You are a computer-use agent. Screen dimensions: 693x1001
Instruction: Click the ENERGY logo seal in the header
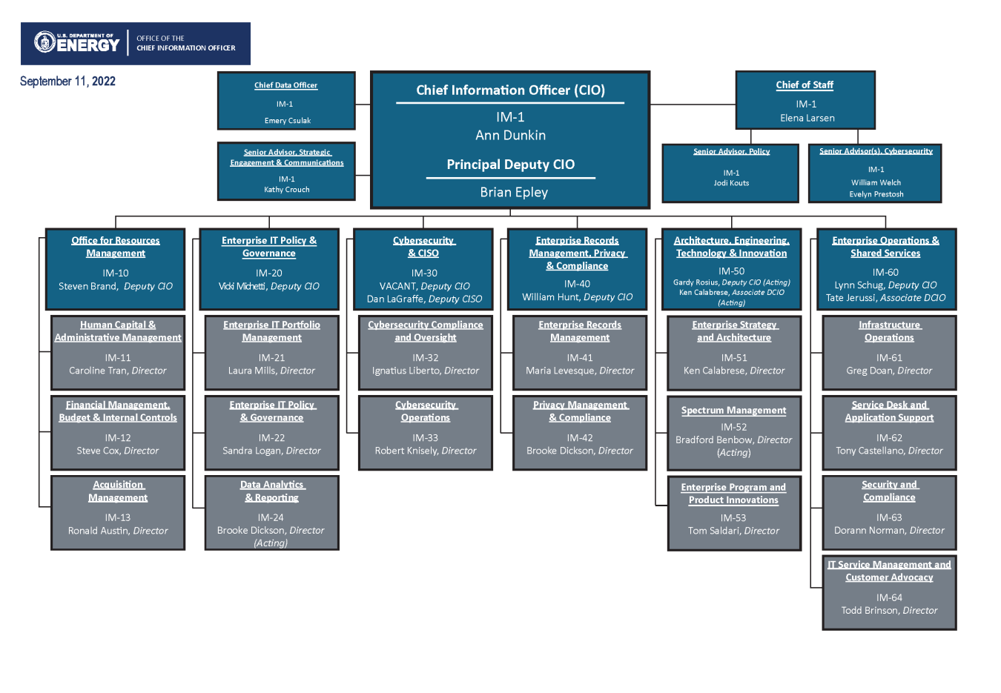(45, 42)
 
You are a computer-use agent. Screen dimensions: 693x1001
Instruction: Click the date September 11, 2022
(67, 82)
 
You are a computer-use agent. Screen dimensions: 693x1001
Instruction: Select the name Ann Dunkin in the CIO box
(510, 135)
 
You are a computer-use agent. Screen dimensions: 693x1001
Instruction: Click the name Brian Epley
(513, 192)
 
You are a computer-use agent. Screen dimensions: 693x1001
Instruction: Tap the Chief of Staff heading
(805, 85)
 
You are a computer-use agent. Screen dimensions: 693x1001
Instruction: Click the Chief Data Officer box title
(285, 85)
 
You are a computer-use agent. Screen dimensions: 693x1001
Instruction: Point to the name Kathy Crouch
(286, 190)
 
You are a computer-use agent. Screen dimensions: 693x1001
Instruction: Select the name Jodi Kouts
(731, 183)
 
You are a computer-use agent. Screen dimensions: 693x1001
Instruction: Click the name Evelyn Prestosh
(876, 194)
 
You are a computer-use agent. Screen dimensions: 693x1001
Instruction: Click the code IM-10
(116, 273)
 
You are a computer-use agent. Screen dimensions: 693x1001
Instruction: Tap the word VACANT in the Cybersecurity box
(397, 286)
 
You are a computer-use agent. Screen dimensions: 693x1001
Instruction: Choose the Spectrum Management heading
(733, 410)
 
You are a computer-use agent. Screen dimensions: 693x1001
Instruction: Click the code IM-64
(889, 597)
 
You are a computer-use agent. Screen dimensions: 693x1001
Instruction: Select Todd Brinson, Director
(889, 611)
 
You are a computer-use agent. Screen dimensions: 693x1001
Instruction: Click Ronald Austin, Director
(118, 531)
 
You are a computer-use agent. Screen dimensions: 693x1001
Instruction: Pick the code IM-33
(425, 438)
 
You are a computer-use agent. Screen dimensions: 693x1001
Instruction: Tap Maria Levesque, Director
(580, 371)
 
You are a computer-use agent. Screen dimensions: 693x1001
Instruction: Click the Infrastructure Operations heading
(889, 331)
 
